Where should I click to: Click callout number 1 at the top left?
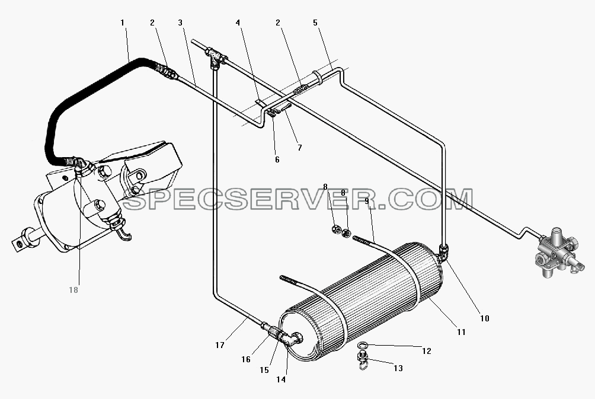click(x=122, y=23)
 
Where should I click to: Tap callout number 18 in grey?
click(x=73, y=290)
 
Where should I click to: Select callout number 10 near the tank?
click(x=485, y=318)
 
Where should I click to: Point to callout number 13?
click(x=398, y=368)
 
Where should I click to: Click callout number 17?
click(x=220, y=345)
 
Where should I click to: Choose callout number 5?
click(x=315, y=23)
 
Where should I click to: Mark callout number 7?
click(x=300, y=148)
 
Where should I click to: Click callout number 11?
click(x=461, y=332)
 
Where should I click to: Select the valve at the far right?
click(x=557, y=253)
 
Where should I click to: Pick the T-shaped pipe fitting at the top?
click(x=215, y=56)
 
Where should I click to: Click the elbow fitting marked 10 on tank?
click(x=443, y=251)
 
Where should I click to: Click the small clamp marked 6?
click(x=273, y=113)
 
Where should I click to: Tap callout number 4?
click(x=238, y=23)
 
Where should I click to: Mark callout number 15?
click(x=264, y=370)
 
